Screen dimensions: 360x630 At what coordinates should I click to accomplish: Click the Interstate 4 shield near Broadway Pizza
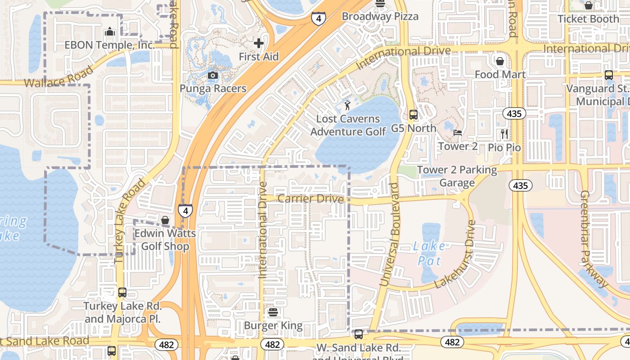pos(318,18)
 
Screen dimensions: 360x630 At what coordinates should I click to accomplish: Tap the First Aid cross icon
pos(259,44)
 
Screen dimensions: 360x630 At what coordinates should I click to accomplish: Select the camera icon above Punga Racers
pos(213,75)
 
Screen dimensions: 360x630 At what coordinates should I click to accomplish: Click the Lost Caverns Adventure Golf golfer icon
pos(347,106)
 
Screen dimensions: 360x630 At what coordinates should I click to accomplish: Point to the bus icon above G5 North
pos(414,115)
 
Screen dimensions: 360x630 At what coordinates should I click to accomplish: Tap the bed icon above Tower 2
pos(458,133)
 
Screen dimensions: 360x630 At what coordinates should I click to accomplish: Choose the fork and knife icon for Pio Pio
pos(504,134)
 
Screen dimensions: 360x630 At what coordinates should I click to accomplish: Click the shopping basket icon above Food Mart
pos(500,61)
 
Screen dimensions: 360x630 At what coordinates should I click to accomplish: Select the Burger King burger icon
pos(273,312)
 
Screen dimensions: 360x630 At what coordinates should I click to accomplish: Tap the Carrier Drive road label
pos(310,199)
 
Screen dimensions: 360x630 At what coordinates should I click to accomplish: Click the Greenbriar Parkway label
pos(594,238)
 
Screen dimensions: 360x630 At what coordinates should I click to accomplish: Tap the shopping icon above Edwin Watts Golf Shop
pos(165,220)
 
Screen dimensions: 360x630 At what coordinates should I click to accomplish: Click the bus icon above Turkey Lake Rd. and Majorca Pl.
pos(122,292)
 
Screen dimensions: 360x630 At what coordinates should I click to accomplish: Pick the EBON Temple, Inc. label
pos(110,45)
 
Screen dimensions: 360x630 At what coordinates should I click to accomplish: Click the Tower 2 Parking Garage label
pos(457,176)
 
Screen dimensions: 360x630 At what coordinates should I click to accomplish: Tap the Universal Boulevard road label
pos(390,234)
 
